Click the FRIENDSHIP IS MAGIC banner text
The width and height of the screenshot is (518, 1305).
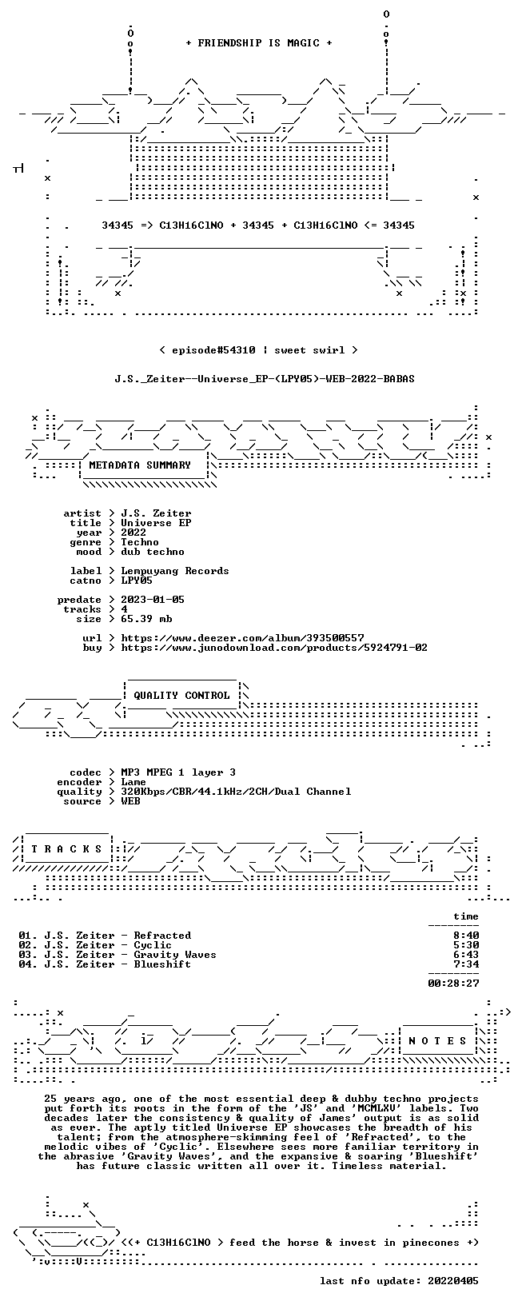coord(259,43)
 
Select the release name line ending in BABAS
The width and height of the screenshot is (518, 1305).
coord(265,379)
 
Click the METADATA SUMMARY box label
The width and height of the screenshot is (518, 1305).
coord(140,465)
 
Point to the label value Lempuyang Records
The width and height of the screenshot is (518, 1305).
coord(175,571)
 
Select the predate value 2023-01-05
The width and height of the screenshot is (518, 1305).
coord(153,600)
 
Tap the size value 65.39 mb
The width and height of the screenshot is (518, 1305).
coord(146,619)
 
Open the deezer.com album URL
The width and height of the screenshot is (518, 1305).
coord(242,638)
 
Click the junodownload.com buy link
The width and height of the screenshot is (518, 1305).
coord(274,647)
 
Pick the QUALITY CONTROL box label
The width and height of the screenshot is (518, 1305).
coord(181,695)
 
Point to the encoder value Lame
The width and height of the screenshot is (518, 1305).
coord(133,782)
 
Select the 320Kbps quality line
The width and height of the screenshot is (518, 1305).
coord(236,791)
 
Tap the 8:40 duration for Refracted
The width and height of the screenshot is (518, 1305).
coord(466,936)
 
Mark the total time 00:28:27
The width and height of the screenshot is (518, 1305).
coord(453,984)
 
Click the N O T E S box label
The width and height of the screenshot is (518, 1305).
coord(437,1041)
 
